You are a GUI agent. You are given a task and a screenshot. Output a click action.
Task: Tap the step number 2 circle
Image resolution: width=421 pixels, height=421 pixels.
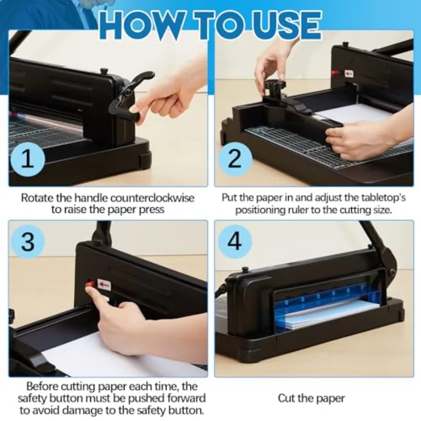[x=235, y=159]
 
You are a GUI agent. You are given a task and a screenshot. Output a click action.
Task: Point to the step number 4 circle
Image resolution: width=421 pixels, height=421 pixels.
[x=235, y=241]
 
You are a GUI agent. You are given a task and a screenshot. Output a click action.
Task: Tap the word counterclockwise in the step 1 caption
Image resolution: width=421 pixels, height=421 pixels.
[x=152, y=198]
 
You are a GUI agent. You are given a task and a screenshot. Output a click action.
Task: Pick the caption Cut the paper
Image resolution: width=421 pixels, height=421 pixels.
[x=311, y=398]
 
